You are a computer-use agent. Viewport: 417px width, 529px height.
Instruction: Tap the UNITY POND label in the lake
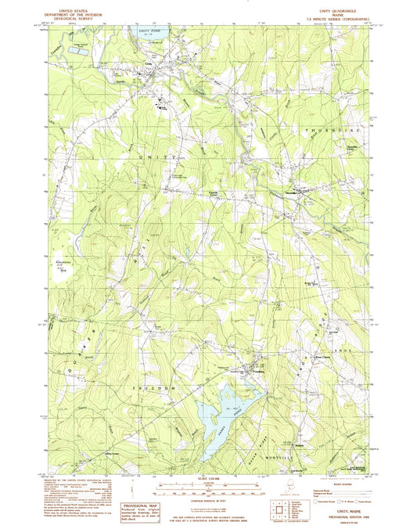coord(148,31)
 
